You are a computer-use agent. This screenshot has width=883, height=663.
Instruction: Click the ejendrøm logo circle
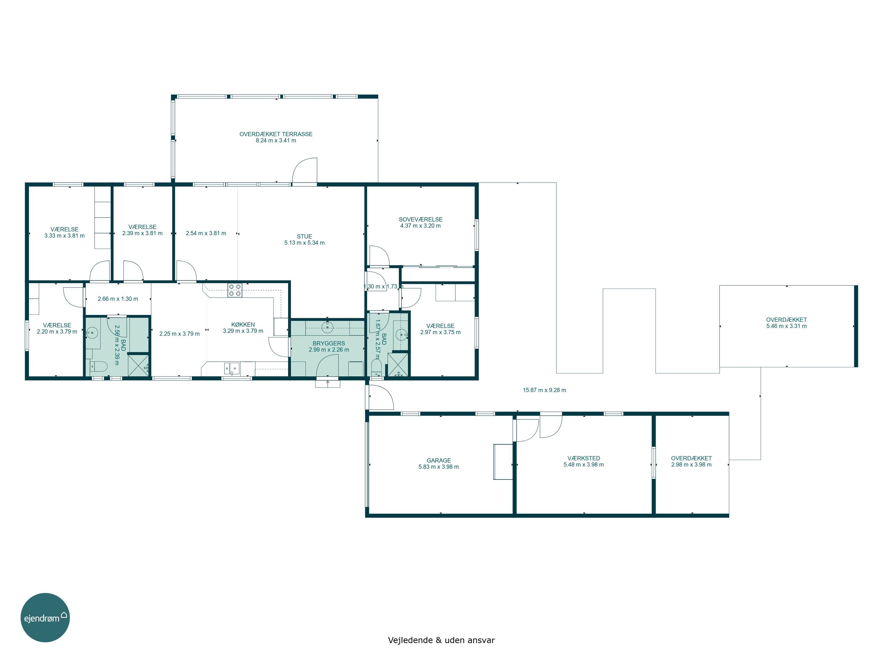coord(45,617)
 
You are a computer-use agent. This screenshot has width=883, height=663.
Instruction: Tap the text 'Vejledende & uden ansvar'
coord(441,640)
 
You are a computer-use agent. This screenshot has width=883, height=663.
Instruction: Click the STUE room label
coord(304,237)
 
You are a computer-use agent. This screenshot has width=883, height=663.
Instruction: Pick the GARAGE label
coord(439,460)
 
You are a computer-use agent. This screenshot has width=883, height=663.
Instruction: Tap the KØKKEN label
coord(243,324)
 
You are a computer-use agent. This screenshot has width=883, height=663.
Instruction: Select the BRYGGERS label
coord(328,343)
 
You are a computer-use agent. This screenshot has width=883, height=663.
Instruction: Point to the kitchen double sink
coord(232,368)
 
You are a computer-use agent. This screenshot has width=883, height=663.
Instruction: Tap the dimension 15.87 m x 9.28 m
coord(545,390)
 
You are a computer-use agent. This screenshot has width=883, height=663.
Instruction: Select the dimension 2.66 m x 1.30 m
coord(118,299)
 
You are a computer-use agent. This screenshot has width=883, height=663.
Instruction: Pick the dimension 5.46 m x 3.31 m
coord(786,326)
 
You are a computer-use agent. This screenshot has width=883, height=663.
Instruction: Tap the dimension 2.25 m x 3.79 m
coord(179,334)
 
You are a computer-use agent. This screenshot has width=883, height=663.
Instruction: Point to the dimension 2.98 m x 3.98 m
coord(691,464)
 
